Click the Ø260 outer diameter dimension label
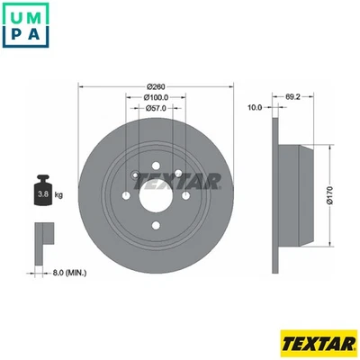point(156,86)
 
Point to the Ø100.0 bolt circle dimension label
point(156,96)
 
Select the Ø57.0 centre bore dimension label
point(156,107)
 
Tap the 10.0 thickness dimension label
point(254,107)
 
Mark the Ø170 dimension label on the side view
point(330,196)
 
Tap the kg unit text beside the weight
point(59,194)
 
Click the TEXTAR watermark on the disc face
point(178,182)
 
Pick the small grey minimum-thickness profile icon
point(42,236)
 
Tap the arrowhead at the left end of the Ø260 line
point(83,86)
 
